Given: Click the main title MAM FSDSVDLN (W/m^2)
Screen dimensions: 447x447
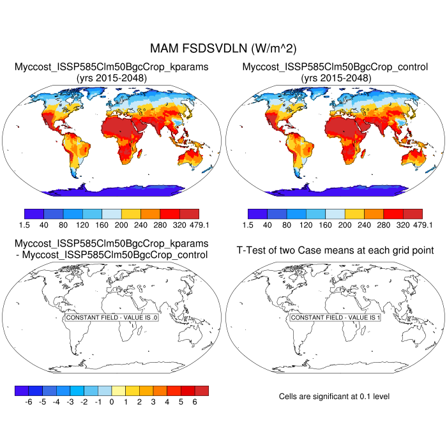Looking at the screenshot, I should pos(223,49).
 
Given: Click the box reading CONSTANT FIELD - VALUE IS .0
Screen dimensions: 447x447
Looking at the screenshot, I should pos(112,317).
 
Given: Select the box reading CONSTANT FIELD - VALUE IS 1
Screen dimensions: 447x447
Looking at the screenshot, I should pos(335,317).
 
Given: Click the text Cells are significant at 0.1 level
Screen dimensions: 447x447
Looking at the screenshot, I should pos(334,397).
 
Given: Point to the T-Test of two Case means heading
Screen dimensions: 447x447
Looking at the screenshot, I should pos(335,250).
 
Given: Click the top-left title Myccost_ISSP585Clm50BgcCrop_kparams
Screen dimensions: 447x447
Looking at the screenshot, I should pos(112,67).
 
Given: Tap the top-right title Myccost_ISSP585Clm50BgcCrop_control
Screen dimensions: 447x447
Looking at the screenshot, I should pos(335,67).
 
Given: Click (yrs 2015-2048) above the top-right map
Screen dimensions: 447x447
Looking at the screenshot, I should pos(335,78).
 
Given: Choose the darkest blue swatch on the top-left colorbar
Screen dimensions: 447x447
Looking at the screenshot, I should pos(34,214).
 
